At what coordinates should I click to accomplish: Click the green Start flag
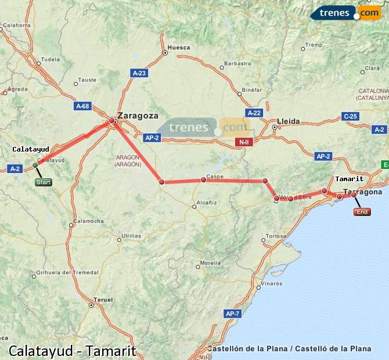tap(44, 182)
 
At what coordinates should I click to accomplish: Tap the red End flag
tap(362, 212)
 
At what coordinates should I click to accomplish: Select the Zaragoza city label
tap(138, 116)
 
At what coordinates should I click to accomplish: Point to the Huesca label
tap(178, 47)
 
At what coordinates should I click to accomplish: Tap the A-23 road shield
tap(139, 73)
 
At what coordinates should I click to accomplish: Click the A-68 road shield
tap(83, 106)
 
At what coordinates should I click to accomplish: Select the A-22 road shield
tap(253, 113)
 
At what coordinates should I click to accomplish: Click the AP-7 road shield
tap(232, 314)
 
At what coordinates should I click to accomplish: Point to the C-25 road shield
tap(350, 116)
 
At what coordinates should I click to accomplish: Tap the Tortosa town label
tap(275, 236)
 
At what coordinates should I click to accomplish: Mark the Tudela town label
tap(51, 59)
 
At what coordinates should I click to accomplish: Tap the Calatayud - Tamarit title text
tap(72, 351)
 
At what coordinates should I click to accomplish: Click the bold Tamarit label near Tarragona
tap(349, 179)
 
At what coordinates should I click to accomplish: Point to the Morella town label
tap(210, 263)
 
